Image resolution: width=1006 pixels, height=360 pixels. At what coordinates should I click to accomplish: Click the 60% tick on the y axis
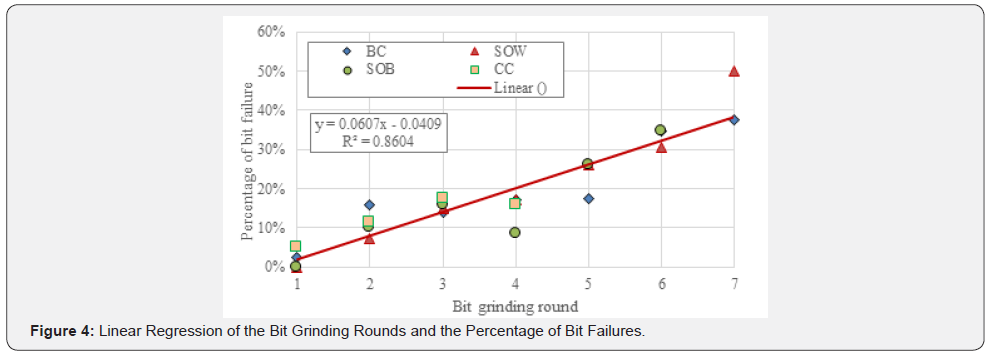pos(272,32)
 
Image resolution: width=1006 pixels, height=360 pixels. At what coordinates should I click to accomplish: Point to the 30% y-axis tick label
pos(272,149)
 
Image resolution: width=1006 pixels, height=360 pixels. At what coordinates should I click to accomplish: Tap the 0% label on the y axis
pos(275,267)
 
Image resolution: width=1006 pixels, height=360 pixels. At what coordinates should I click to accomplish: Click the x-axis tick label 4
pos(515,285)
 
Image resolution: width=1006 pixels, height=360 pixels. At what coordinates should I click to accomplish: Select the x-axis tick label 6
pos(660,285)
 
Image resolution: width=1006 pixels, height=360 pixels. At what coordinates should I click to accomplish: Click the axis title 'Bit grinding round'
pos(515,304)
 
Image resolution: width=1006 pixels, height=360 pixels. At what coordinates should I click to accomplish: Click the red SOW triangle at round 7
pos(734,71)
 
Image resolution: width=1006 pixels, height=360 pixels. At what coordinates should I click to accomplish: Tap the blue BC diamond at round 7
pos(734,120)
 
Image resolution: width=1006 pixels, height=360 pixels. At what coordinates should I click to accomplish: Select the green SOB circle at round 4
pos(515,232)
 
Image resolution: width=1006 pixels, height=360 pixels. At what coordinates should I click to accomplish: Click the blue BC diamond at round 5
pos(588,198)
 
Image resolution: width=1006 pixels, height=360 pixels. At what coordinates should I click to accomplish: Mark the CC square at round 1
pos(296,246)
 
